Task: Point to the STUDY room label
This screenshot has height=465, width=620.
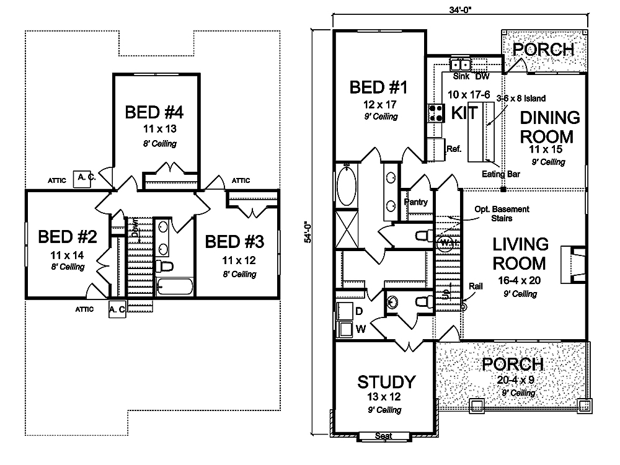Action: pos(386,381)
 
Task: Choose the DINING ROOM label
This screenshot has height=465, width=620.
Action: pos(549,126)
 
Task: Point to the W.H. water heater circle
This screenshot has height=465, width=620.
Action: pos(446,243)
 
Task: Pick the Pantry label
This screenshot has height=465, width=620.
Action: pos(415,202)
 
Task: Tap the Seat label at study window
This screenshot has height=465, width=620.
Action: pos(384,436)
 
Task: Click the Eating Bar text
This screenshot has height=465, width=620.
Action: pos(501,174)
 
